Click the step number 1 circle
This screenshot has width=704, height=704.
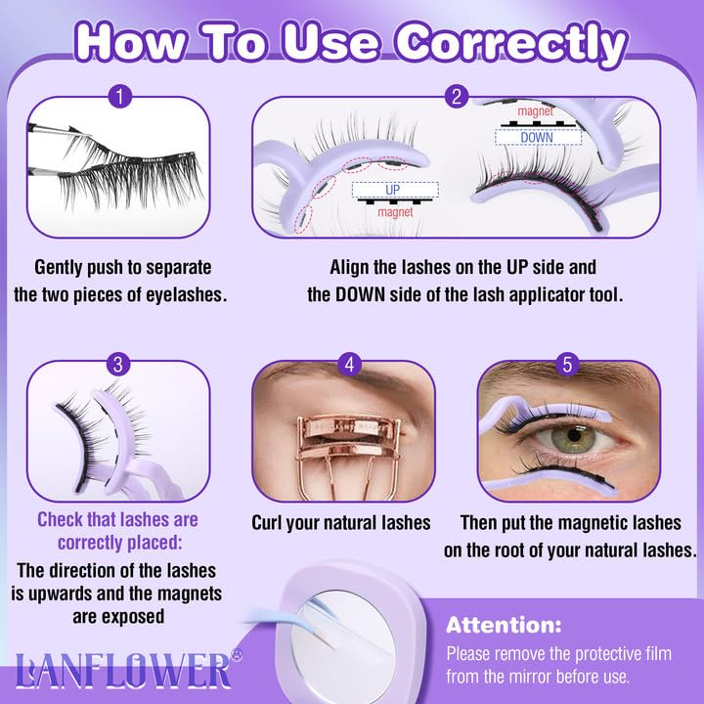click(x=120, y=96)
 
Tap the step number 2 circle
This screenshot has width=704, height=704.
click(x=457, y=96)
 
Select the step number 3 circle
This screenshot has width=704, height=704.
click(x=118, y=364)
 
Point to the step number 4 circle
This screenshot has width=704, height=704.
click(x=349, y=364)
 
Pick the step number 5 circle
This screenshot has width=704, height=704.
click(x=567, y=364)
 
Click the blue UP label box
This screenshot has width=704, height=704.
click(x=395, y=190)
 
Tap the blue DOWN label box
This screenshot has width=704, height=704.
click(x=539, y=137)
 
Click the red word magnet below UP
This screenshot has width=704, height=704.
click(x=395, y=211)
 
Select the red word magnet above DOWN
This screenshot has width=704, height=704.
click(x=535, y=110)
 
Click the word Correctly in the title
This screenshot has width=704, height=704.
click(x=510, y=44)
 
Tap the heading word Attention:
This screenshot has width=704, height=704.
click(x=504, y=625)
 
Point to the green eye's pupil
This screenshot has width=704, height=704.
click(x=574, y=434)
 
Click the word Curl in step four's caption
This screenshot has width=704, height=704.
click(x=267, y=523)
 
